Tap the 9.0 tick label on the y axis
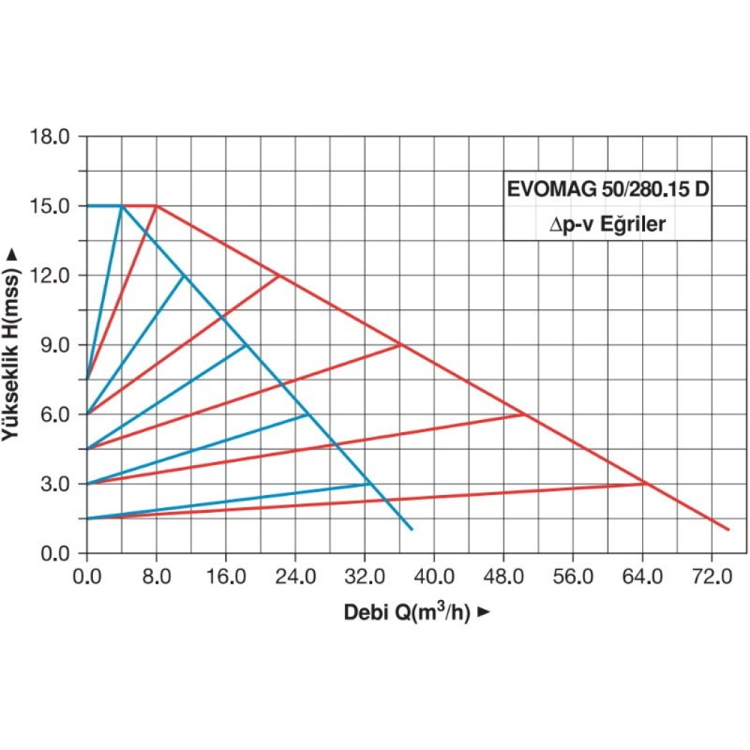pyautogui.click(x=56, y=345)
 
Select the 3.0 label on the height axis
pyautogui.click(x=56, y=484)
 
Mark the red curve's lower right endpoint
pyautogui.click(x=729, y=529)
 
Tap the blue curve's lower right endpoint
pyautogui.click(x=412, y=529)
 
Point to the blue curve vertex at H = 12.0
pyautogui.click(x=184, y=276)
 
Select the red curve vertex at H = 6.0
pyautogui.click(x=525, y=414)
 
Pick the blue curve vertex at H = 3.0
pyautogui.click(x=369, y=484)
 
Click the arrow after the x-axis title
pyautogui.click(x=484, y=612)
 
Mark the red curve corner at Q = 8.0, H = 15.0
pyautogui.click(x=156, y=206)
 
